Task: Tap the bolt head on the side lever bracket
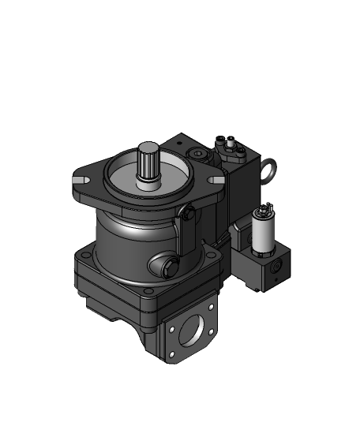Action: point(188,213)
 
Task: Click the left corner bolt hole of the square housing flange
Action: point(84,255)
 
